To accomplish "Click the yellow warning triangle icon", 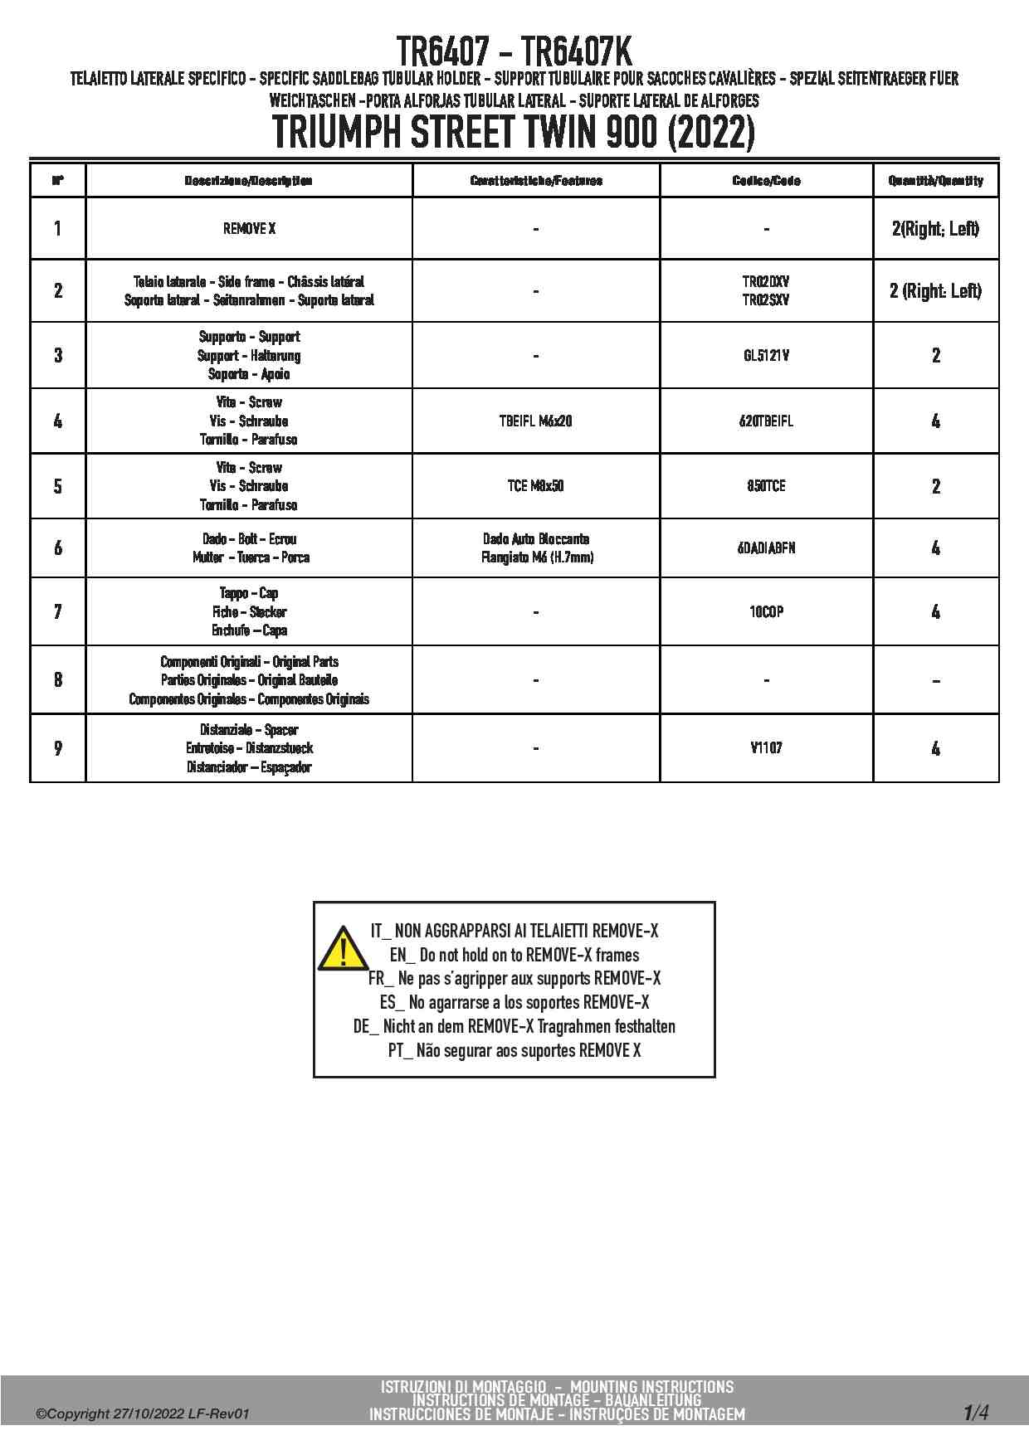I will (343, 950).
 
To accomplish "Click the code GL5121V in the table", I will (766, 356).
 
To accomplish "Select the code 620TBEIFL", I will (766, 421).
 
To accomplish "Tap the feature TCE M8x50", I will (535, 486).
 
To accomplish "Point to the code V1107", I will (766, 748).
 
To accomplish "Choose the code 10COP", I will (766, 612).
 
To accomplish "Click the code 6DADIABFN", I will (766, 548).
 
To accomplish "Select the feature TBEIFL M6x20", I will (535, 421).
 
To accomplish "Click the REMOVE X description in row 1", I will (249, 229).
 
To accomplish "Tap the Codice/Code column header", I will (766, 181).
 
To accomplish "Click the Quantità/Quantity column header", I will (935, 181).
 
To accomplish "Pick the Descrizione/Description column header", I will (248, 181).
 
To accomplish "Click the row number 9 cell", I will (58, 748).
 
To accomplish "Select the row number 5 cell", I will (58, 486).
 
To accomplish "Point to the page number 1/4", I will (976, 1412).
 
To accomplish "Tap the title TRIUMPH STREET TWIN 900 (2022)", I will (514, 133).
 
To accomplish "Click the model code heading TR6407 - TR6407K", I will (514, 51).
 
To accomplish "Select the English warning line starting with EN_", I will (514, 955).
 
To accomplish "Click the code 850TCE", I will (766, 486).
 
